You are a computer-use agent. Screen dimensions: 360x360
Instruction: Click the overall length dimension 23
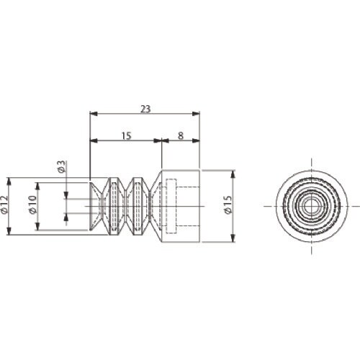[145, 109]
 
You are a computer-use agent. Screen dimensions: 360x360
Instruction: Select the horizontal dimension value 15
[127, 136]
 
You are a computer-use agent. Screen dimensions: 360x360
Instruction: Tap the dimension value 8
[181, 136]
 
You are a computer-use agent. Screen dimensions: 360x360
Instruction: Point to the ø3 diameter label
[62, 166]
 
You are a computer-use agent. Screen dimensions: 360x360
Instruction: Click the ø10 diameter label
[32, 204]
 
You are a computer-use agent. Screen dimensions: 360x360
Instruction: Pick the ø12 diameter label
[4, 204]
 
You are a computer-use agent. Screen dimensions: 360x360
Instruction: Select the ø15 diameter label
[228, 204]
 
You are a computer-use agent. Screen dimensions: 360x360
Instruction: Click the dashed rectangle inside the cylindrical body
[171, 206]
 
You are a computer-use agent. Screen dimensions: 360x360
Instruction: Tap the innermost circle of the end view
[312, 206]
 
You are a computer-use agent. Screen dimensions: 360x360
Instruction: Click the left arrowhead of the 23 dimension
[94, 114]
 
